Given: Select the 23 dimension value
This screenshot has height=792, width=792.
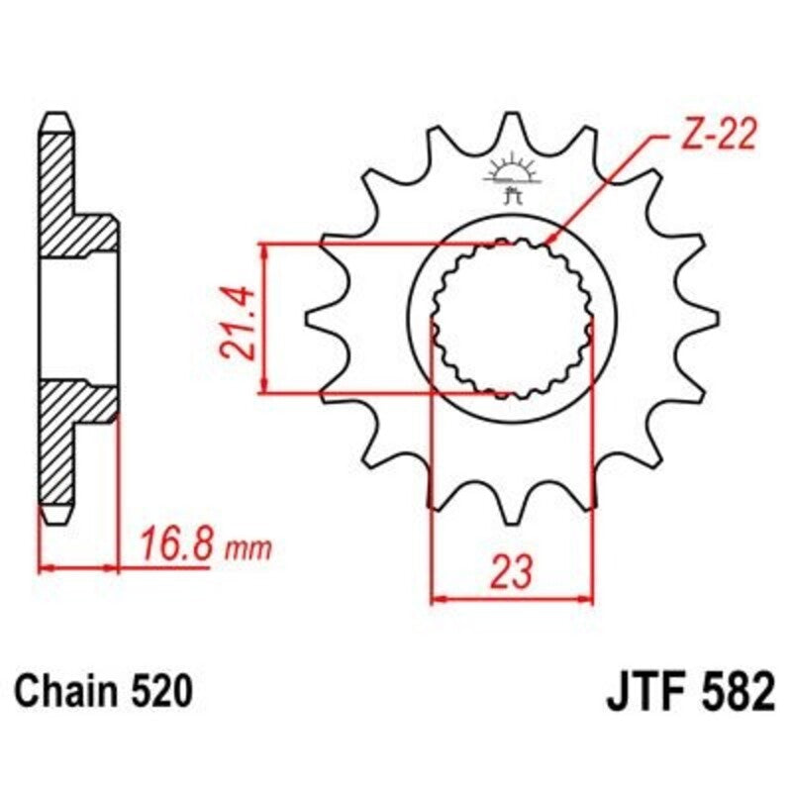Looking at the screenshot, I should tap(512, 571).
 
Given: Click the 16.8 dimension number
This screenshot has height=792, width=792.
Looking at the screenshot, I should tap(173, 545).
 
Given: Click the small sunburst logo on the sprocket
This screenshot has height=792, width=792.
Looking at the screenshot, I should tap(512, 170).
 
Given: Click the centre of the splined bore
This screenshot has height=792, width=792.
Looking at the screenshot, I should tap(512, 318).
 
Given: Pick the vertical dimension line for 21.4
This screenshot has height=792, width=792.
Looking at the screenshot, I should tap(264, 318).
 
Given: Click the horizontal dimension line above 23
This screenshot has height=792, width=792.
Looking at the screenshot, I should tap(512, 598).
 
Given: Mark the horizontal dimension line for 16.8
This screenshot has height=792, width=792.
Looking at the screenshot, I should tap(79, 569).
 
